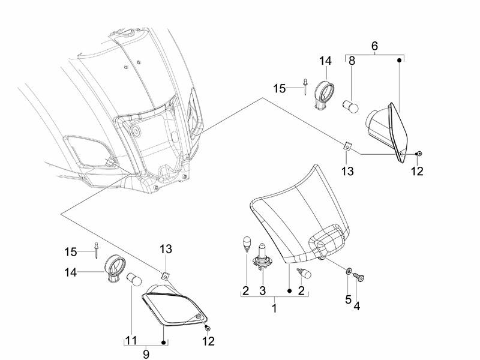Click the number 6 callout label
374,46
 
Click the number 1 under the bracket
274,308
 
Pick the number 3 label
262,291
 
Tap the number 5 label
348,299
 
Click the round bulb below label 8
352,108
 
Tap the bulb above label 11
133,280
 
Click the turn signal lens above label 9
175,309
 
